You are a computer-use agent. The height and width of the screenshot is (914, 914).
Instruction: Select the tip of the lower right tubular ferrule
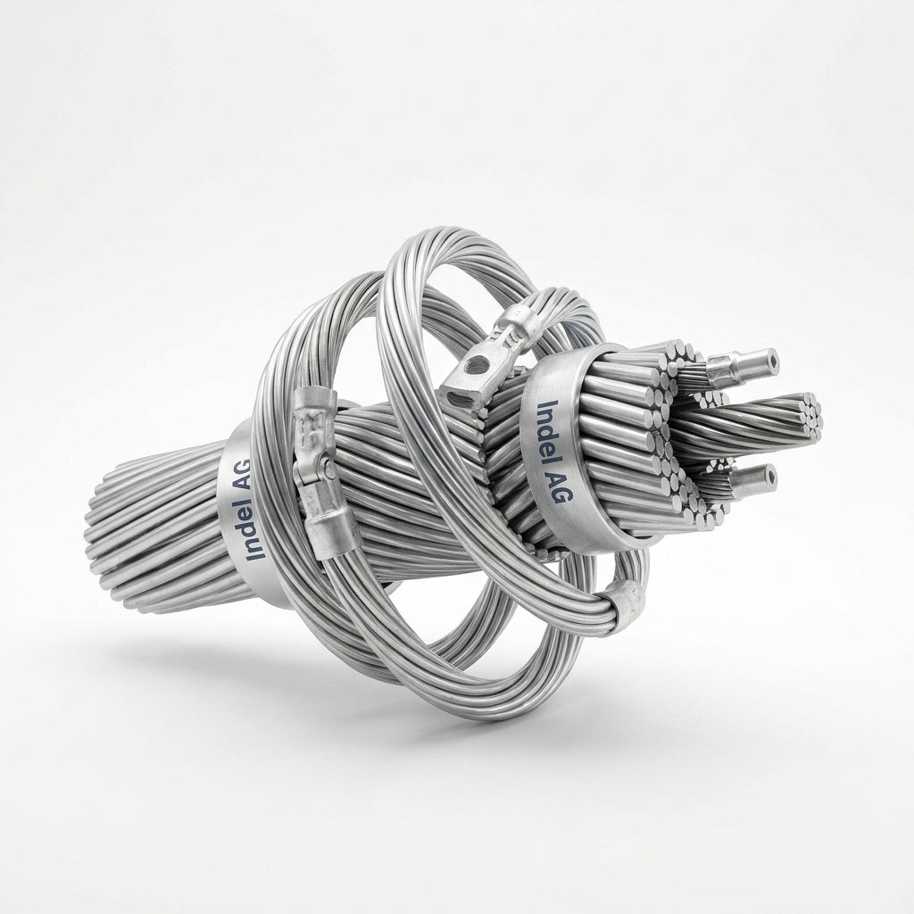(770, 478)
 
